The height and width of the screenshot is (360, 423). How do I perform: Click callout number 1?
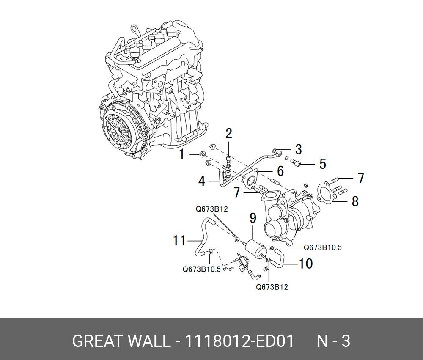182,154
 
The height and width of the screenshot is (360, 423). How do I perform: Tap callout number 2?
228,134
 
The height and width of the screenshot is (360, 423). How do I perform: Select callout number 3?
298,149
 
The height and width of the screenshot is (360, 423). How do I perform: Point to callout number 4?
202,181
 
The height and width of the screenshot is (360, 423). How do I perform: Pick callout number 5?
323,164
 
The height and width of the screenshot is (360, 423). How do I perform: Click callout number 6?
280,171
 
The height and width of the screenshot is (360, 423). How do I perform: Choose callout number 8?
355,201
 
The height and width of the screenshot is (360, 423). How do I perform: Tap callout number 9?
253,219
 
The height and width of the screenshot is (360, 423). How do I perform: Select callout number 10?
305,264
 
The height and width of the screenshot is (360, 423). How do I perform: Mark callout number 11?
179,241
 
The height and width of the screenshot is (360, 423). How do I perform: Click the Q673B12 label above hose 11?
211,209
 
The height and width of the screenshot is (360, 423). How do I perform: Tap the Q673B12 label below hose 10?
272,287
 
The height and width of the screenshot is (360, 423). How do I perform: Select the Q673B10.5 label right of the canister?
323,248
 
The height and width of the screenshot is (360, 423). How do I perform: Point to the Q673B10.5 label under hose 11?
201,269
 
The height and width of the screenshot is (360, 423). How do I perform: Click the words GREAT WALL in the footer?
121,341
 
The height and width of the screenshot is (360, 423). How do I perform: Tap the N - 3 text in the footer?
334,341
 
